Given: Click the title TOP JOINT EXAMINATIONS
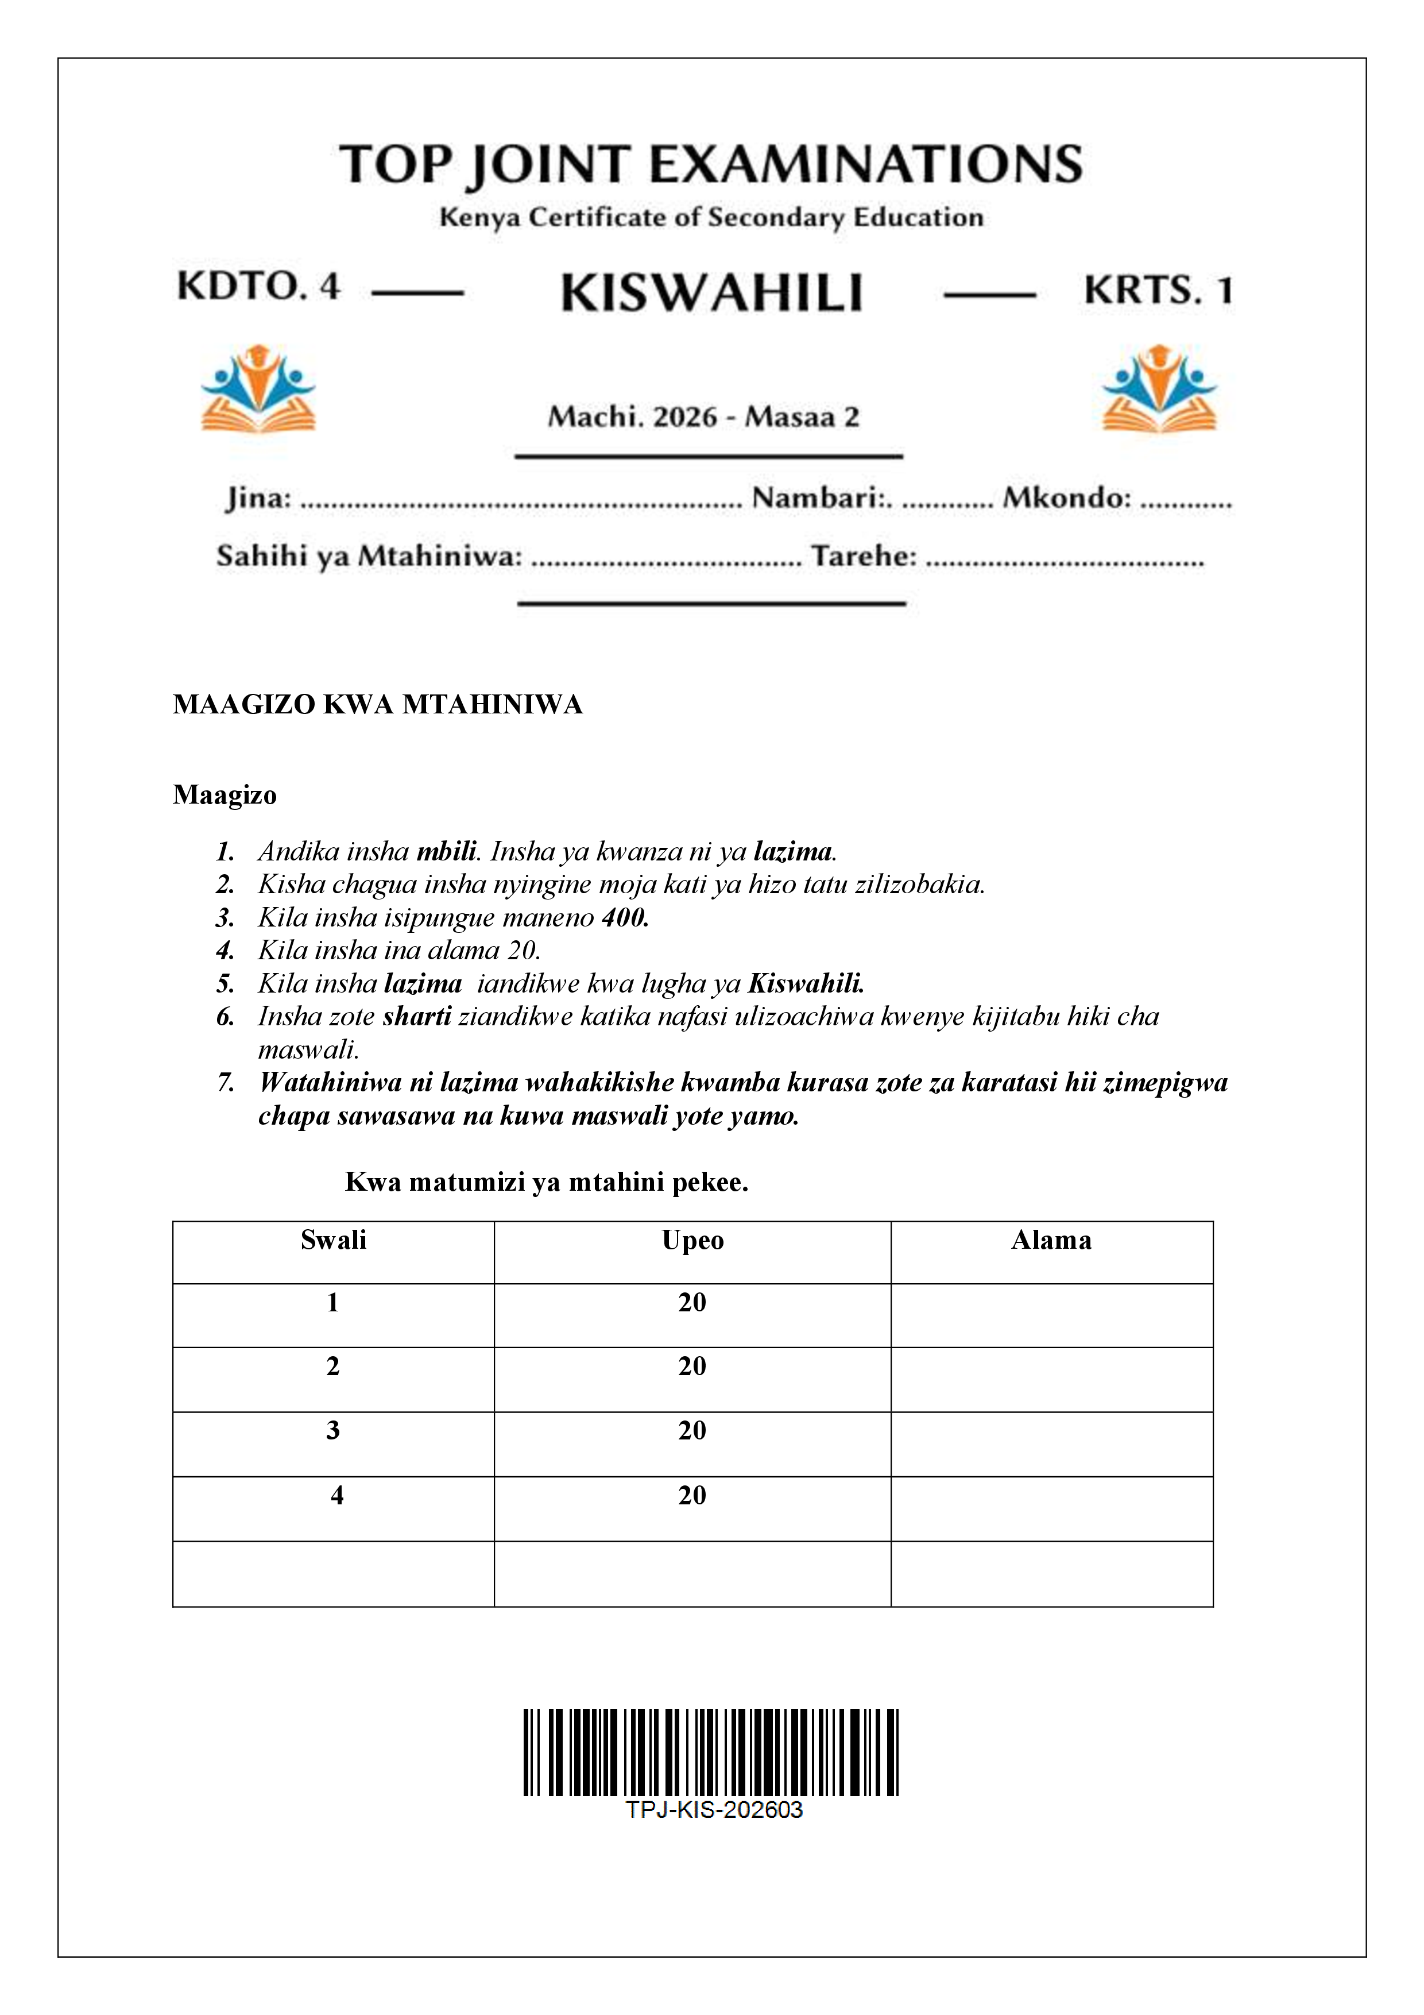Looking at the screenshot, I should (711, 165).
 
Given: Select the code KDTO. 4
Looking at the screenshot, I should (258, 286).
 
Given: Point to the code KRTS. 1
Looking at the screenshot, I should (1158, 291).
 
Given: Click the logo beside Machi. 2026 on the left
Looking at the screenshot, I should (258, 389).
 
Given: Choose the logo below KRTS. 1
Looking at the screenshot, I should (1159, 389).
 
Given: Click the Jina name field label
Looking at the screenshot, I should (258, 499).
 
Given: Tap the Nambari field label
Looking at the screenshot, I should (821, 499).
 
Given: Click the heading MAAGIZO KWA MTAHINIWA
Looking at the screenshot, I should (377, 705).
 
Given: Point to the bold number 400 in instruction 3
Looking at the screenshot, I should (625, 918).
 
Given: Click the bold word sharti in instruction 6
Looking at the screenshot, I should (417, 1016).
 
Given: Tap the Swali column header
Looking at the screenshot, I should (334, 1240).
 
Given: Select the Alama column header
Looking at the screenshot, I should (1051, 1240).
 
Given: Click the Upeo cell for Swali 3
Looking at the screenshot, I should (692, 1430).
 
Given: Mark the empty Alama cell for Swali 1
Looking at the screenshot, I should (1051, 1315).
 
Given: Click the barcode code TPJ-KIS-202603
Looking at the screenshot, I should (713, 1809).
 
